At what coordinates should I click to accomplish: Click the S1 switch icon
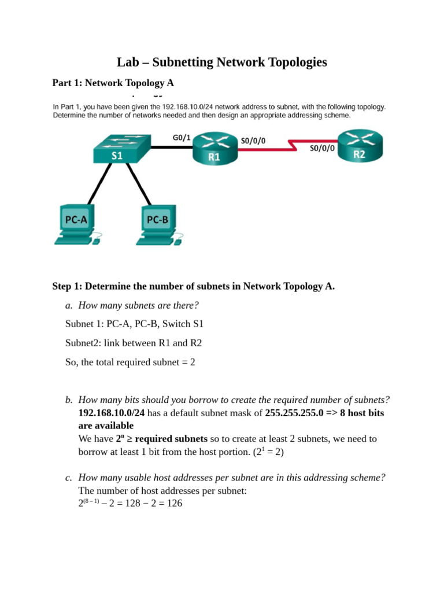pos(121,148)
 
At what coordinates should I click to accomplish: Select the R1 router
pos(214,148)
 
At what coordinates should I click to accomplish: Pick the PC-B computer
pos(157,223)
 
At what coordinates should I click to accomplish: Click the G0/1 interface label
pos(181,137)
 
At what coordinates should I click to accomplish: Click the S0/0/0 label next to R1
pos(253,140)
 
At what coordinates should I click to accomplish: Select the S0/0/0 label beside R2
pos(323,147)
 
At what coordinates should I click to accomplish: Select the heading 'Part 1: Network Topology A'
pos(113,83)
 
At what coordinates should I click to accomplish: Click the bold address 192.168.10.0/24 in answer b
pos(111,413)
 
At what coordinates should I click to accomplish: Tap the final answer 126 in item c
pos(174,503)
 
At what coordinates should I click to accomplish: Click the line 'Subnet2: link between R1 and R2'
pos(134,343)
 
